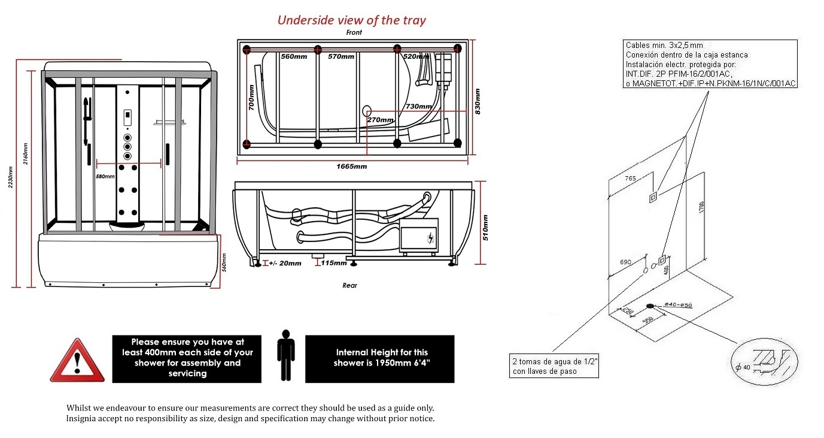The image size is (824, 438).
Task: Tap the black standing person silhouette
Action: (286, 355)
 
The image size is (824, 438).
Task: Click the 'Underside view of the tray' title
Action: (351, 20)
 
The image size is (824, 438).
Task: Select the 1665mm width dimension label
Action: (353, 166)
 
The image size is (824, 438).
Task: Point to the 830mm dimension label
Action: (477, 101)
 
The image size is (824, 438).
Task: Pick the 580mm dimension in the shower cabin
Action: (105, 176)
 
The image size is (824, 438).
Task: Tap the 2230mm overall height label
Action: (10, 177)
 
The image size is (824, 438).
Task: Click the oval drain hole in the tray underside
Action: (367, 111)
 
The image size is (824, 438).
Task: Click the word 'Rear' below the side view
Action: (350, 286)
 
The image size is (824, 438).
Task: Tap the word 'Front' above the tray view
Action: (354, 32)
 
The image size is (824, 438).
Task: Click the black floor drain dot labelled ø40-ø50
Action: (650, 306)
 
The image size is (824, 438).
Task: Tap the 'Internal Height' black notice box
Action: (380, 358)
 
